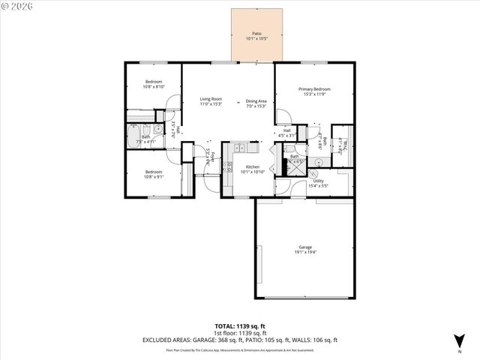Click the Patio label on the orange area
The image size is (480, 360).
click(256, 34)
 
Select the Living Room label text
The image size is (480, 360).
click(211, 99)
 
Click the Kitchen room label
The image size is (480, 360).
click(252, 166)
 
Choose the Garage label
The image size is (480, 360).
click(304, 247)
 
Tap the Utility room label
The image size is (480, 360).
click(318, 181)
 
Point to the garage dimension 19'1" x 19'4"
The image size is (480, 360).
click(304, 253)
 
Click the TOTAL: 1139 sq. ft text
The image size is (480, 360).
click(240, 326)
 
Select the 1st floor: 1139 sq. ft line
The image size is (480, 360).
click(240, 333)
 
